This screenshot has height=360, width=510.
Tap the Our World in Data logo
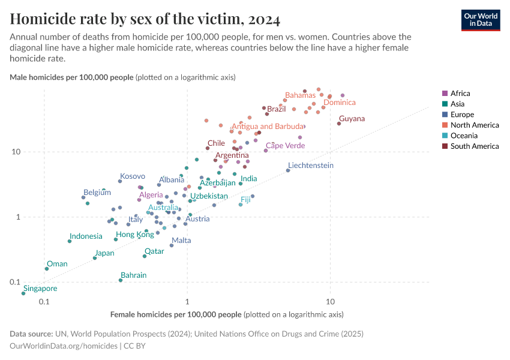(x=480, y=20)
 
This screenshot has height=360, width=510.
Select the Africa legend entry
(x=460, y=94)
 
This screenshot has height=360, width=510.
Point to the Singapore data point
(x=24, y=293)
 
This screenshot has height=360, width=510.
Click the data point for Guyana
(x=339, y=124)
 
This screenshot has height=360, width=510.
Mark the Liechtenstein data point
(x=288, y=170)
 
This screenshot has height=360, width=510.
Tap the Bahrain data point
(x=121, y=280)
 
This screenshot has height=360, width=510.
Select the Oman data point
(x=47, y=269)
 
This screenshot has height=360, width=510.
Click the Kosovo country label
(x=133, y=176)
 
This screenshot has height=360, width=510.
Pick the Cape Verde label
(x=285, y=145)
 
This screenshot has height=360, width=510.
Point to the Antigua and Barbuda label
(x=268, y=127)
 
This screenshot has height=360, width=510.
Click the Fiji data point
(x=241, y=205)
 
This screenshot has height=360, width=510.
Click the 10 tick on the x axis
(x=329, y=301)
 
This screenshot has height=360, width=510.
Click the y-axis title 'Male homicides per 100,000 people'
(x=72, y=77)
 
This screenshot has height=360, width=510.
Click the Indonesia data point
(x=70, y=241)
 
